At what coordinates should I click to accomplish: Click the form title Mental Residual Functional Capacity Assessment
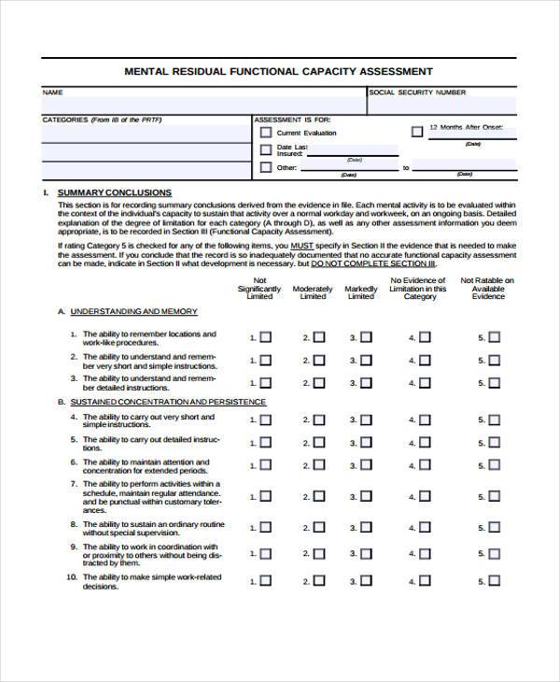point(278,71)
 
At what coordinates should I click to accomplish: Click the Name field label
point(52,92)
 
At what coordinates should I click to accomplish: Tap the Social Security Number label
point(417,92)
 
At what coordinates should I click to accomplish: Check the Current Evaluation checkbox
point(265,133)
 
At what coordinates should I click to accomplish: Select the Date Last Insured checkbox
point(265,150)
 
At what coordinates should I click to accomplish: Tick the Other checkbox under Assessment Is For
point(265,168)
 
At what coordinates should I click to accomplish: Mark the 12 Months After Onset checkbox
point(416,132)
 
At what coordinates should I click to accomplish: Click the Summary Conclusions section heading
point(114,192)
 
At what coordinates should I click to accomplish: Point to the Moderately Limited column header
point(313,292)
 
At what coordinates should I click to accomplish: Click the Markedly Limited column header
point(361,292)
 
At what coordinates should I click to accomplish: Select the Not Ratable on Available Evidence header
point(488,289)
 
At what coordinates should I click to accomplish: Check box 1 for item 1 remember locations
point(265,337)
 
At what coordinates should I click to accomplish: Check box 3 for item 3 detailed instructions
point(366,382)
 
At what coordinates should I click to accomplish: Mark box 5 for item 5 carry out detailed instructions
point(494,443)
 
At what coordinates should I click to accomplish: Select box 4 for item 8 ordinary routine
point(425,528)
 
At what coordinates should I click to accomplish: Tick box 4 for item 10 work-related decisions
point(425,580)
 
